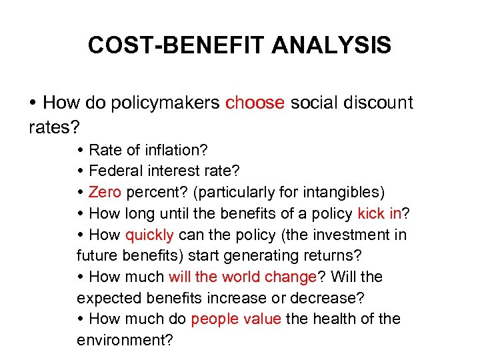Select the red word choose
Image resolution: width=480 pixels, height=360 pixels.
click(x=255, y=103)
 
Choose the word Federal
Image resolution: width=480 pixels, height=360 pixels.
click(x=113, y=171)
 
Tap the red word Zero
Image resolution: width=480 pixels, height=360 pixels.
click(x=105, y=193)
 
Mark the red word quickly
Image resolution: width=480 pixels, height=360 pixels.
click(x=149, y=235)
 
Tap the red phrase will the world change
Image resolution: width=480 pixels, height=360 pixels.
click(x=242, y=277)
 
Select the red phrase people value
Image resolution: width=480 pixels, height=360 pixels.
click(x=236, y=319)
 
